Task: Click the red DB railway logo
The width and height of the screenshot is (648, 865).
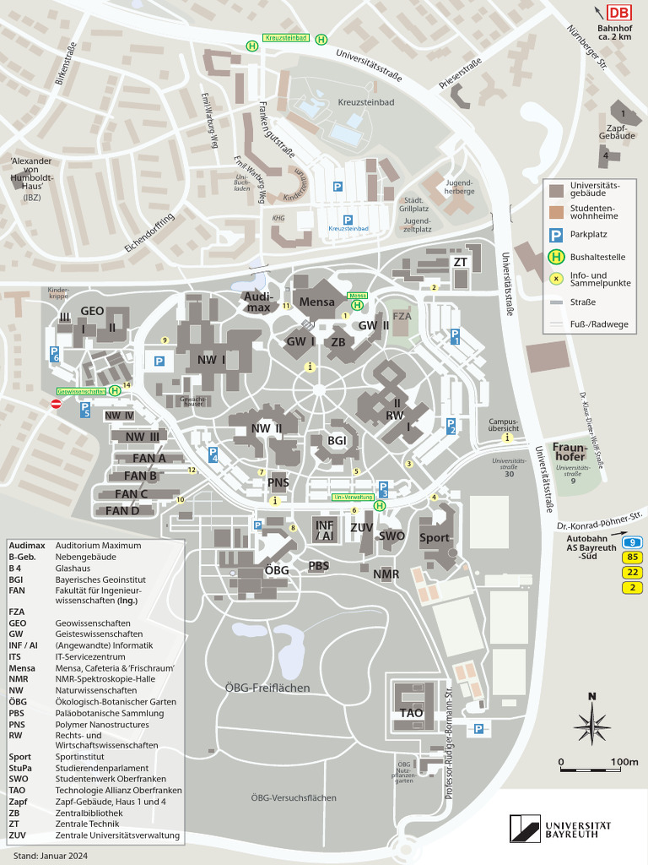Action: point(618,12)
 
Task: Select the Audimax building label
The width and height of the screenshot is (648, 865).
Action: point(257,302)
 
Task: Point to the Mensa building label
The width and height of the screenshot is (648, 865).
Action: point(317,302)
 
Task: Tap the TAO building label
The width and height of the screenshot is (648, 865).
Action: point(412,713)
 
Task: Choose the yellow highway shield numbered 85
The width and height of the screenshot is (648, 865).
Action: point(632,557)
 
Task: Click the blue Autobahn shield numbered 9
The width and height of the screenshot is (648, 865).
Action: point(632,541)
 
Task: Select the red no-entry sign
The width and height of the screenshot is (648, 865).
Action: point(57,405)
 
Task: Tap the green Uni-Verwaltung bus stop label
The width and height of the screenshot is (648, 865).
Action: point(352,498)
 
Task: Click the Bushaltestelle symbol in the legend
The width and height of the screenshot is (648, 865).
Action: point(556,257)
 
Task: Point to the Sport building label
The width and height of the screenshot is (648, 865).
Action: point(435,537)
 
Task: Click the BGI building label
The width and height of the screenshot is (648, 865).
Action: point(337,440)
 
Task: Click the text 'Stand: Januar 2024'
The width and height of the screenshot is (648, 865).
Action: point(50,856)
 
